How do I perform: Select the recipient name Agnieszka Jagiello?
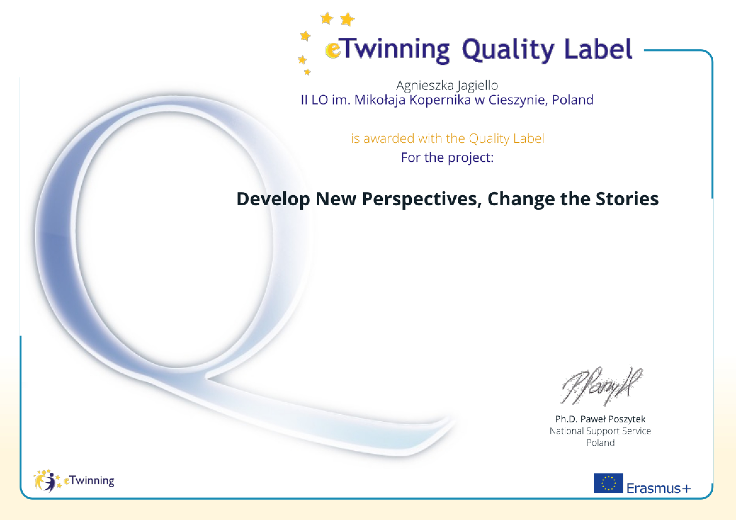point(447,86)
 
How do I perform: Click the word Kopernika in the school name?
point(440,100)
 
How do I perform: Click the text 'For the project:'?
point(447,157)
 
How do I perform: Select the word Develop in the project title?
point(273,199)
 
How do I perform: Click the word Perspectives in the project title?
point(422,199)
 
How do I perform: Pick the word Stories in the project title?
point(627,198)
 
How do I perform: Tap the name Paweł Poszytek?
point(613,419)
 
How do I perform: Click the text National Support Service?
point(600,431)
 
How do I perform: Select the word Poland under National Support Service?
point(600,443)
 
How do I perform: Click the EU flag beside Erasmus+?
point(609,483)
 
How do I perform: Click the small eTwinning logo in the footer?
point(74,481)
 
